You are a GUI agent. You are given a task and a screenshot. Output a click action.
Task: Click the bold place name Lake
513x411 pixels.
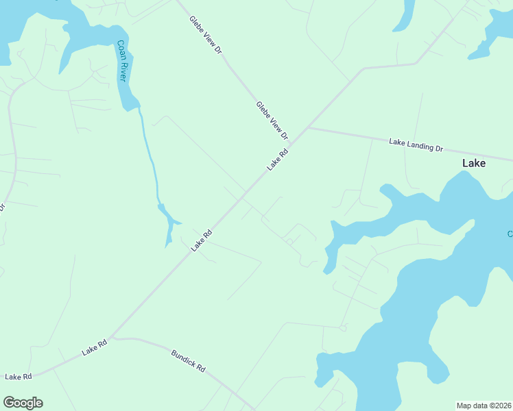tap(474, 163)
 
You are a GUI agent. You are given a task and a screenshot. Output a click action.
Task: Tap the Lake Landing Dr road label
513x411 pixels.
tap(416, 145)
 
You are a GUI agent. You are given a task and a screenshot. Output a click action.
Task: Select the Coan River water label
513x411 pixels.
tap(122, 61)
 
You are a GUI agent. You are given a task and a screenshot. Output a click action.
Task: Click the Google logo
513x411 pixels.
tap(23, 403)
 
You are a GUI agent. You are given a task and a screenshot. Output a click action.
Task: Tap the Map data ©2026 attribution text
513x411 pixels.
tap(484, 406)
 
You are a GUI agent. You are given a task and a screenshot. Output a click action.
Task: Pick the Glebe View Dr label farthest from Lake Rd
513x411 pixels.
tap(206, 35)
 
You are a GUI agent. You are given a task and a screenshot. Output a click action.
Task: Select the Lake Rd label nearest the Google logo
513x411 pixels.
tap(19, 377)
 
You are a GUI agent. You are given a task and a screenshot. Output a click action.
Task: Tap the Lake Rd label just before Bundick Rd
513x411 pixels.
tap(95, 347)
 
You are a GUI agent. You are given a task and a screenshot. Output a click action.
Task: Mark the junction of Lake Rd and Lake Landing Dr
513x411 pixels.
tap(308, 127)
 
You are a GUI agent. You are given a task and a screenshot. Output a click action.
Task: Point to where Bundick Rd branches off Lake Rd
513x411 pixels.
tap(112, 337)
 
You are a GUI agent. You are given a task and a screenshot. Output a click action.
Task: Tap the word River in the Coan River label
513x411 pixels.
tap(123, 71)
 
